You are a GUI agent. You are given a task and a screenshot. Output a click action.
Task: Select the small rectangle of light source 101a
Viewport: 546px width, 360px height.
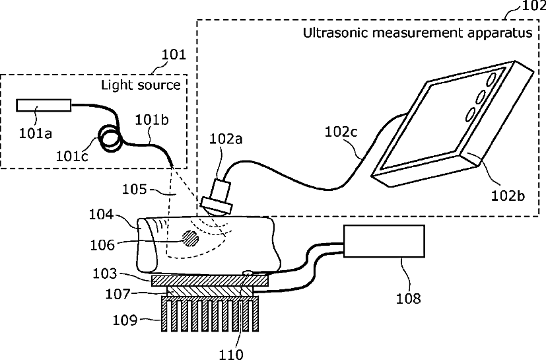point(44,104)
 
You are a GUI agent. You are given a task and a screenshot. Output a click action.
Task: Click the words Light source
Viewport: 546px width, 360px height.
point(140,85)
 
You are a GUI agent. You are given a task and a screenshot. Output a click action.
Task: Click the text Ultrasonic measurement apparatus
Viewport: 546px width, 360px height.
point(417,33)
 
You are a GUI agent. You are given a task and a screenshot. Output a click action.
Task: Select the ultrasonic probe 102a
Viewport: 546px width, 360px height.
point(218,197)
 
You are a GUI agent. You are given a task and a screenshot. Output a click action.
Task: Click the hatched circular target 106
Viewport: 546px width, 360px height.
point(190,238)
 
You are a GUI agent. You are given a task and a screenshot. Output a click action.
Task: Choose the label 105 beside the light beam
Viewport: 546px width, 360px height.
point(136,190)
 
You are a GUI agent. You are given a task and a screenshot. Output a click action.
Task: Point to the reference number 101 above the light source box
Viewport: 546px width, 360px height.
point(174,55)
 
